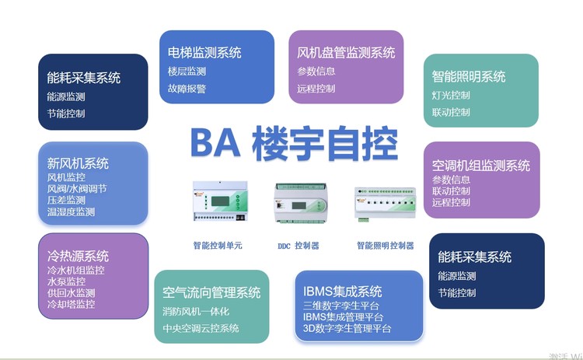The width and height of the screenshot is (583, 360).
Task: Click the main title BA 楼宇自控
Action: click(x=294, y=143)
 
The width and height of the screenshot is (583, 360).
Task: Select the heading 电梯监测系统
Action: click(x=204, y=52)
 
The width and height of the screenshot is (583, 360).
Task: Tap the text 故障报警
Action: click(x=187, y=89)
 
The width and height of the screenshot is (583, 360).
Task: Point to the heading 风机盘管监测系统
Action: click(x=346, y=52)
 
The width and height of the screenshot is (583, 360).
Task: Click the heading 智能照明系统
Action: click(x=469, y=77)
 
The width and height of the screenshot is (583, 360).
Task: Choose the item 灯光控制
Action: click(x=451, y=95)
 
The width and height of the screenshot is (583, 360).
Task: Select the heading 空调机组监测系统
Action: click(x=480, y=166)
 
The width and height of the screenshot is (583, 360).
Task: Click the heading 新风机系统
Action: click(x=78, y=163)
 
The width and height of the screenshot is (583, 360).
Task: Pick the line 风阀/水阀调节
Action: click(x=77, y=189)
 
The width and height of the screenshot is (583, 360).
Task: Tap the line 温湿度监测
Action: click(x=71, y=212)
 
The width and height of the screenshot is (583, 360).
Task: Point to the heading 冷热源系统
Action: click(x=78, y=256)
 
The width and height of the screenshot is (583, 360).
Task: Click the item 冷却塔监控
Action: click(x=71, y=304)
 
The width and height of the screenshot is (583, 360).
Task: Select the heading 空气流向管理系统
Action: click(x=211, y=292)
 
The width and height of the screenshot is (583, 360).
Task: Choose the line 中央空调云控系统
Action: click(x=201, y=328)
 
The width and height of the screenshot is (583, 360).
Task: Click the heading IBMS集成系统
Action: click(x=342, y=292)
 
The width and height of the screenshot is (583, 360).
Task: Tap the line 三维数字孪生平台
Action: click(x=341, y=306)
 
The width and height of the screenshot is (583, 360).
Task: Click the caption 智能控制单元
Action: click(x=218, y=246)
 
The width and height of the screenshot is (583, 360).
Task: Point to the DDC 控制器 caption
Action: click(x=298, y=246)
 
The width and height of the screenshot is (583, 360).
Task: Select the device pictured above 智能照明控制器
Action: click(x=386, y=204)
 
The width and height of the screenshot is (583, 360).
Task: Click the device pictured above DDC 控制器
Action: click(x=300, y=203)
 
